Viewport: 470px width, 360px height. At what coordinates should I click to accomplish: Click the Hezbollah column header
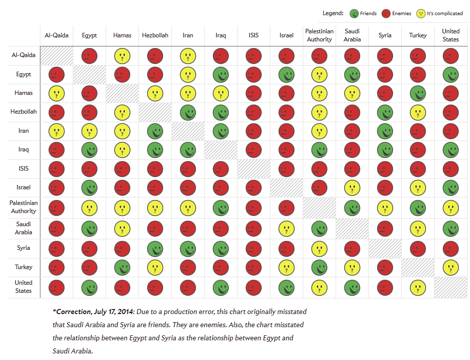tap(155, 35)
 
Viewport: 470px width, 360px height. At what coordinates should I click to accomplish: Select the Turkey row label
tap(24, 267)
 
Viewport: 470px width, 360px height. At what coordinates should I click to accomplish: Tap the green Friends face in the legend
tap(354, 14)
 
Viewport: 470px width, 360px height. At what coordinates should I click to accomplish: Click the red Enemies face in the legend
tap(386, 14)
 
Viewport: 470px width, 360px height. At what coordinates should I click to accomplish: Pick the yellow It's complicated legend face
tap(420, 14)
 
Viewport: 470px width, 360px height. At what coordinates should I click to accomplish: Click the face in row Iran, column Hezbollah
tap(155, 131)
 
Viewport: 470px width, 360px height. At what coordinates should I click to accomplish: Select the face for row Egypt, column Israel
tap(287, 75)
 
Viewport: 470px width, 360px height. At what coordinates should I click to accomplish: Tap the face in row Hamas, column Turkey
tap(418, 93)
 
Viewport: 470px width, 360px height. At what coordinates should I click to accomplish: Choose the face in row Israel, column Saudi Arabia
tap(352, 188)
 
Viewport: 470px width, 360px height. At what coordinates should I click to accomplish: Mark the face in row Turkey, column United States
tap(451, 268)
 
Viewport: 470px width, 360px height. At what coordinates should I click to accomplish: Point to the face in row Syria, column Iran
tap(188, 248)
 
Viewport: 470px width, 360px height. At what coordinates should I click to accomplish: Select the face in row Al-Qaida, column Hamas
tap(122, 56)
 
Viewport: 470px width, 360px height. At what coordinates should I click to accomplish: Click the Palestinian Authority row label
tap(24, 207)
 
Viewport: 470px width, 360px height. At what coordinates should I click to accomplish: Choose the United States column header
tap(451, 35)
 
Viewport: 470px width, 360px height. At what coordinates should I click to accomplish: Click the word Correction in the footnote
tap(76, 312)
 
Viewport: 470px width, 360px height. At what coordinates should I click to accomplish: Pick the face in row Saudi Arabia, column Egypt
tap(89, 228)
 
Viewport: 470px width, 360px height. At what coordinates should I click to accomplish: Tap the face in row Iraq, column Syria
tap(385, 150)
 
